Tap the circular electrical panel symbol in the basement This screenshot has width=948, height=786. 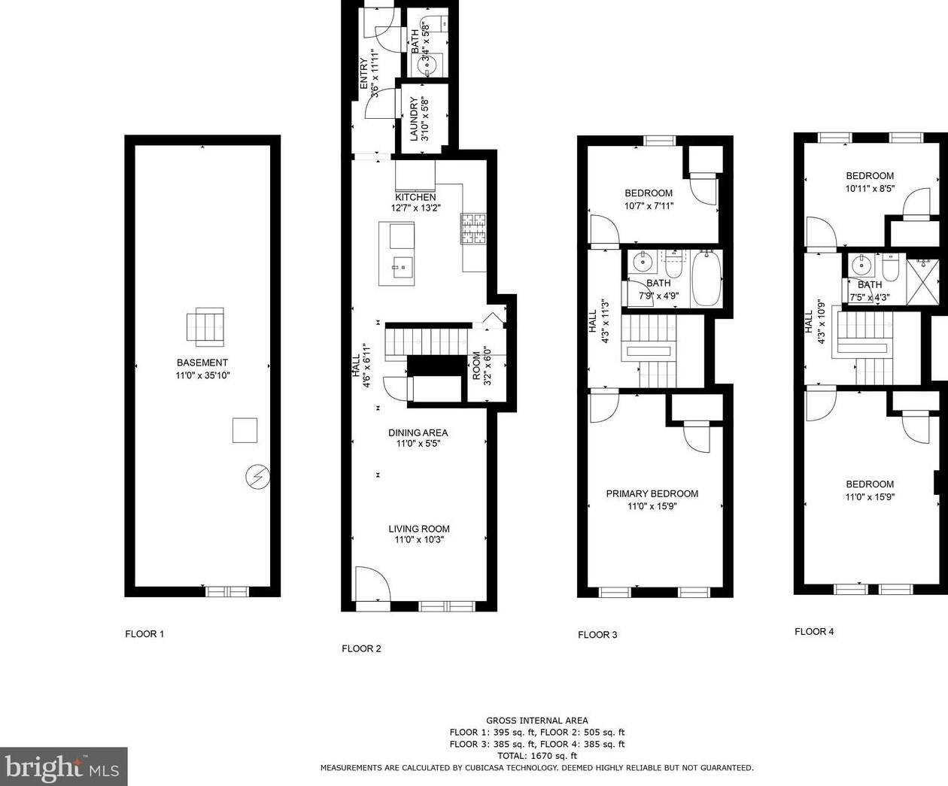pyautogui.click(x=257, y=478)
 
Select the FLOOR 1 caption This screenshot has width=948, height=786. pyautogui.click(x=144, y=634)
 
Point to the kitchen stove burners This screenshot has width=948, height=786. pyautogui.click(x=473, y=229)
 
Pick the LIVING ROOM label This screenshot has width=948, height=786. pyautogui.click(x=419, y=529)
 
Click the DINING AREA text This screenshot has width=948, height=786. pyautogui.click(x=418, y=432)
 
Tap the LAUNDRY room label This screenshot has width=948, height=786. pyautogui.click(x=414, y=120)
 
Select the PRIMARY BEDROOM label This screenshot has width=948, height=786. pyautogui.click(x=652, y=494)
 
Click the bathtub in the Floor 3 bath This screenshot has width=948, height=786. pyautogui.click(x=706, y=279)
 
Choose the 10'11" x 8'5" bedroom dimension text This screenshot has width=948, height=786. pyautogui.click(x=870, y=189)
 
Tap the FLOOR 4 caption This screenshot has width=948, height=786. pyautogui.click(x=814, y=632)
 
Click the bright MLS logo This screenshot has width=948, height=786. pyautogui.click(x=64, y=766)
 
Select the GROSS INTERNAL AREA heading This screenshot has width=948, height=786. pyautogui.click(x=537, y=721)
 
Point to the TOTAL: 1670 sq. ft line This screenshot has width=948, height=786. pyautogui.click(x=537, y=756)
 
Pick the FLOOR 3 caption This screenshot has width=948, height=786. pyautogui.click(x=597, y=635)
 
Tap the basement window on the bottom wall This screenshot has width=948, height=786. pyautogui.click(x=227, y=591)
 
